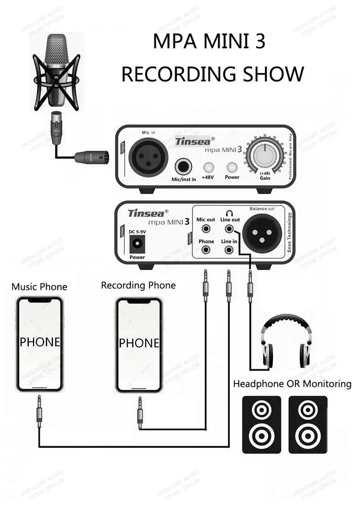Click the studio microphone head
pyautogui.click(x=56, y=56)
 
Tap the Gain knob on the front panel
pyautogui.click(x=265, y=156)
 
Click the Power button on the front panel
pyautogui.click(x=232, y=167)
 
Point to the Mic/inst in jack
pyautogui.click(x=183, y=167)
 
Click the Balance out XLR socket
pyautogui.click(x=262, y=232)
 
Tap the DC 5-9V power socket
pyautogui.click(x=137, y=245)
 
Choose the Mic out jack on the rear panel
pyautogui.click(x=206, y=229)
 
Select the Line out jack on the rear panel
pyautogui.click(x=229, y=229)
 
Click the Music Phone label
pyautogui.click(x=39, y=287)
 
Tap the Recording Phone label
pyautogui.click(x=138, y=285)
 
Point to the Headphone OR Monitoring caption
pyautogui.click(x=292, y=384)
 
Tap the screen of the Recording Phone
pyautogui.click(x=139, y=344)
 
